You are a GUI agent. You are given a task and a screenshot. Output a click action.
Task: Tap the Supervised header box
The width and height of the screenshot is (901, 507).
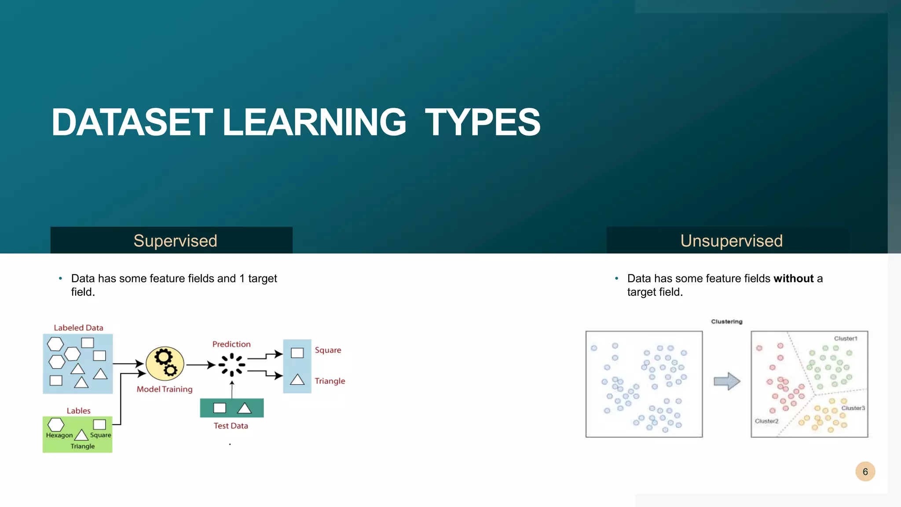click(172, 240)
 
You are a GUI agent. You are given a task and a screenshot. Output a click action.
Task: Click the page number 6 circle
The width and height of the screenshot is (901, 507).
click(865, 472)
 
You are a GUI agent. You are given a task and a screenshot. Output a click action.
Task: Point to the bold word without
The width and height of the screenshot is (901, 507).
click(793, 279)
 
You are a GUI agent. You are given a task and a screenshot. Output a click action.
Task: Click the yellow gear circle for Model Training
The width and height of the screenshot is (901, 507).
click(165, 364)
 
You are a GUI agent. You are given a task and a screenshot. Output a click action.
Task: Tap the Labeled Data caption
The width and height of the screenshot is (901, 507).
click(78, 328)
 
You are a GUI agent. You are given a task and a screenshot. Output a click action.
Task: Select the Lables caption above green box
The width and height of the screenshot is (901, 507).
click(78, 411)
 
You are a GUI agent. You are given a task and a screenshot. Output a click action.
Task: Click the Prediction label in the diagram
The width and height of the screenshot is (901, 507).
click(231, 344)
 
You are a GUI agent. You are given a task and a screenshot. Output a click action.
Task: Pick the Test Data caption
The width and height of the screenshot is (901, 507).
click(231, 426)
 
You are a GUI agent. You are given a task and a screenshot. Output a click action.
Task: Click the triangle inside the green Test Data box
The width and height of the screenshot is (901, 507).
click(244, 408)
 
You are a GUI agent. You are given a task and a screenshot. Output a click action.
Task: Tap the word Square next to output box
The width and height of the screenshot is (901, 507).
click(328, 350)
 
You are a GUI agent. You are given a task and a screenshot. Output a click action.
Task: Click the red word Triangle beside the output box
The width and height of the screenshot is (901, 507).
click(330, 381)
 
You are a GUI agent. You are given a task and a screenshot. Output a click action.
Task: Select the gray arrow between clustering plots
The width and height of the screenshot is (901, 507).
click(727, 381)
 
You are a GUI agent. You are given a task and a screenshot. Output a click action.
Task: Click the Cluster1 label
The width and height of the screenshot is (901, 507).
click(846, 338)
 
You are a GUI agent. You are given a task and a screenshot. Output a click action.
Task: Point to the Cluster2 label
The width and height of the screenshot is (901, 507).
click(767, 421)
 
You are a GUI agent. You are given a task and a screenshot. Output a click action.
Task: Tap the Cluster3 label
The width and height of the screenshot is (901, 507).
click(853, 408)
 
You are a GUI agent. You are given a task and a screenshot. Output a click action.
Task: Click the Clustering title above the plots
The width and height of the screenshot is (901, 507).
click(726, 322)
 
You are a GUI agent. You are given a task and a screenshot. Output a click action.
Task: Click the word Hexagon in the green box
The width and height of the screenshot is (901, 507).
click(59, 435)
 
